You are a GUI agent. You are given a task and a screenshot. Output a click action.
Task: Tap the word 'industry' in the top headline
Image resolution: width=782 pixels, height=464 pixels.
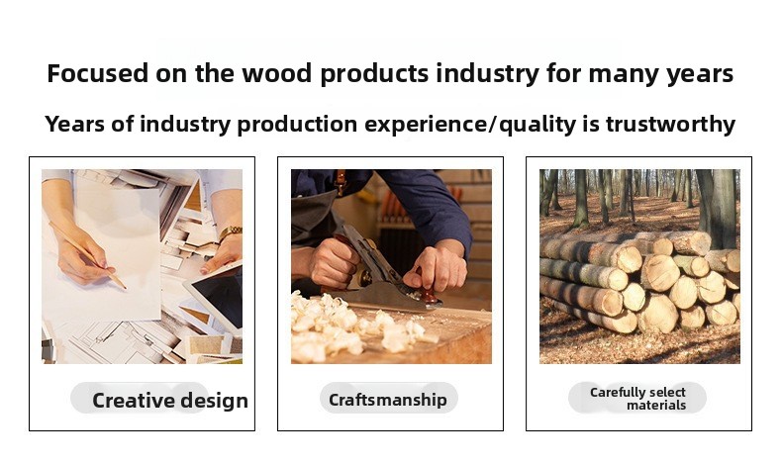point(488,74)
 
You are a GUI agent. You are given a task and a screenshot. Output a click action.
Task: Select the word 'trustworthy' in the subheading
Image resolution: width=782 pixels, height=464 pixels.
point(670,124)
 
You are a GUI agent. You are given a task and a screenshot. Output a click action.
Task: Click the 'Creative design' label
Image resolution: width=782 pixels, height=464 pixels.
point(170,401)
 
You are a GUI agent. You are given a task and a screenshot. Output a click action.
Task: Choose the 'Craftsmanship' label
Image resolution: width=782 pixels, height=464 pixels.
point(387,400)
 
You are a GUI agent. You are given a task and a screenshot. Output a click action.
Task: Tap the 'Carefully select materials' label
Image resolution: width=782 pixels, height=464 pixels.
point(637,399)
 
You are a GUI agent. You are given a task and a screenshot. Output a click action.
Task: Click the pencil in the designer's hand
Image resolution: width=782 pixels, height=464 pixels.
point(87,255)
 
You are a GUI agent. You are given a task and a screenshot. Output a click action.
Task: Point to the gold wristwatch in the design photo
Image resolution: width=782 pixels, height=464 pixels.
point(231,232)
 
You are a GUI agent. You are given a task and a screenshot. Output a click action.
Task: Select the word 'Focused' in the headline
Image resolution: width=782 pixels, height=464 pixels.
point(98,73)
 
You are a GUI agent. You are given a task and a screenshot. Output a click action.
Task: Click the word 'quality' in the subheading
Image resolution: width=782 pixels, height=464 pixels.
point(538,125)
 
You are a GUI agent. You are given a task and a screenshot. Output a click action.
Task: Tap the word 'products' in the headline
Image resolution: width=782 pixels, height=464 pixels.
point(374,74)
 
